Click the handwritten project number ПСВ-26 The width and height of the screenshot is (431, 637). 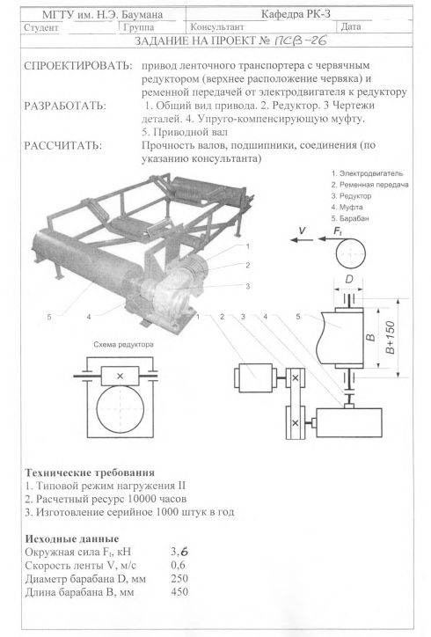pyautogui.click(x=301, y=40)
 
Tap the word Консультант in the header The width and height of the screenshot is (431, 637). pyautogui.click(x=217, y=27)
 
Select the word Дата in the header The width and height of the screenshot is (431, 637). pyautogui.click(x=351, y=26)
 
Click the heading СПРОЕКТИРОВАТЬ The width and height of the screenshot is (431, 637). pyautogui.click(x=78, y=66)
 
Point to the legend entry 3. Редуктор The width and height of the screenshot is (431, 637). pyautogui.click(x=351, y=196)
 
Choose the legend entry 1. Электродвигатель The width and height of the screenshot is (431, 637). pyautogui.click(x=367, y=173)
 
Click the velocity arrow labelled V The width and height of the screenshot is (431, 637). pyautogui.click(x=302, y=240)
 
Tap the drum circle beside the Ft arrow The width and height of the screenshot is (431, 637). pyautogui.click(x=350, y=254)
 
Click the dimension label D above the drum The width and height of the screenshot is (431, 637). pyautogui.click(x=349, y=280)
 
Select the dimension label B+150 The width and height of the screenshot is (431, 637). pyautogui.click(x=390, y=338)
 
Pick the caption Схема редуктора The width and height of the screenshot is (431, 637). pyautogui.click(x=123, y=345)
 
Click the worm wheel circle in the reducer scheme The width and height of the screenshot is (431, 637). pyautogui.click(x=121, y=409)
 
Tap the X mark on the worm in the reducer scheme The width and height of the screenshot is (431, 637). pyautogui.click(x=120, y=377)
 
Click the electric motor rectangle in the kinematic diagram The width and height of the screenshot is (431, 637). pyautogui.click(x=255, y=378)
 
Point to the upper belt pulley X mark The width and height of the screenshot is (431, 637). pyautogui.click(x=296, y=378)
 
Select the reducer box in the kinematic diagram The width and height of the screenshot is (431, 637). pyautogui.click(x=349, y=423)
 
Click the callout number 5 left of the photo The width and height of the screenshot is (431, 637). pyautogui.click(x=49, y=317)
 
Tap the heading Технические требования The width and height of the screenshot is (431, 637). pyautogui.click(x=90, y=472)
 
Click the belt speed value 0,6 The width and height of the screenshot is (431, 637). pyautogui.click(x=179, y=565)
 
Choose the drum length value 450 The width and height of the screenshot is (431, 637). pyautogui.click(x=179, y=591)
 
